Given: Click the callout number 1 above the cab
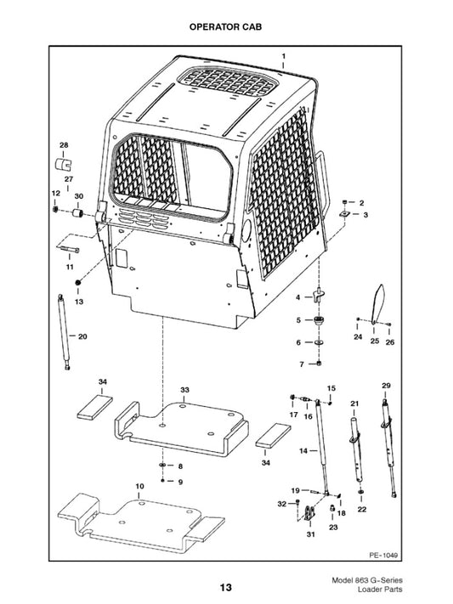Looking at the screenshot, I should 283,55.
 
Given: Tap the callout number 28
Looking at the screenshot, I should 64,145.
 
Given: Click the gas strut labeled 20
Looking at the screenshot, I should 63,331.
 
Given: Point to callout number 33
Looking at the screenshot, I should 184,389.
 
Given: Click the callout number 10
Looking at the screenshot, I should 139,487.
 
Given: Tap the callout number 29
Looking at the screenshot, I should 386,386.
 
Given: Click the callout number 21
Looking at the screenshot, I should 355,403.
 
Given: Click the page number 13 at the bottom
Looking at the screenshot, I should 225,587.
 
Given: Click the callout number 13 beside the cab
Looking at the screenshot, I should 79,302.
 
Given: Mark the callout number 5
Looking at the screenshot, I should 298,320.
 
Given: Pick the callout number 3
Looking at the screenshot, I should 365,216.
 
